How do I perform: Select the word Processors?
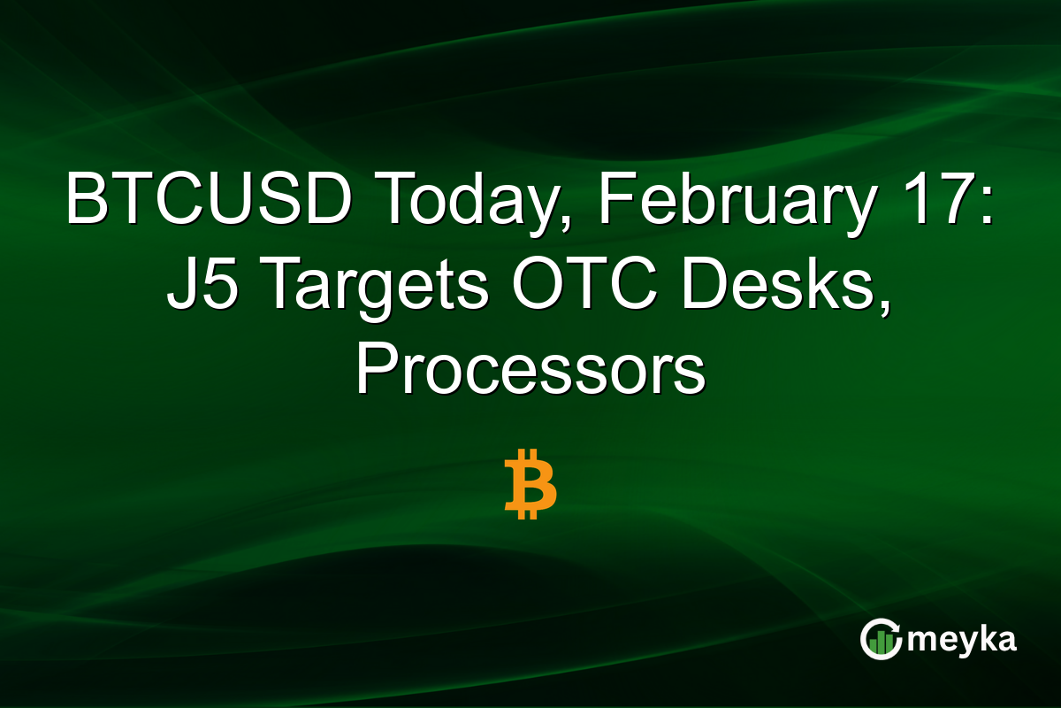530,371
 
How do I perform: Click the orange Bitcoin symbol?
530,484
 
